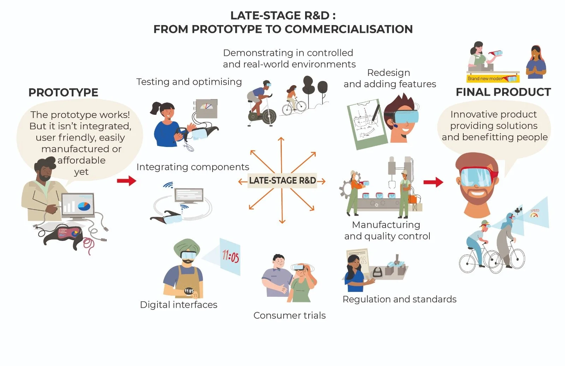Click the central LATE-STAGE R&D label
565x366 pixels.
pyautogui.click(x=282, y=181)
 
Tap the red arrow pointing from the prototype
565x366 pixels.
pyautogui.click(x=126, y=181)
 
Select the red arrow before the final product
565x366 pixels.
pyautogui.click(x=433, y=182)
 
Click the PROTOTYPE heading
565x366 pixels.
pyautogui.click(x=64, y=93)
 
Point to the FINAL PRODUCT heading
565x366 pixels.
pyautogui.click(x=503, y=92)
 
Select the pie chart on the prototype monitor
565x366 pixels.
pyautogui.click(x=84, y=206)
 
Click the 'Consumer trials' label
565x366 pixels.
pyautogui.click(x=290, y=315)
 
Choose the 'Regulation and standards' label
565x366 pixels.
pyautogui.click(x=399, y=299)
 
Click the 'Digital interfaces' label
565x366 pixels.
pyautogui.click(x=179, y=305)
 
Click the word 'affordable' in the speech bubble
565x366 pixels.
pyautogui.click(x=82, y=160)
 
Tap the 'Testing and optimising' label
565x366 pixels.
pyautogui.click(x=189, y=82)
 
